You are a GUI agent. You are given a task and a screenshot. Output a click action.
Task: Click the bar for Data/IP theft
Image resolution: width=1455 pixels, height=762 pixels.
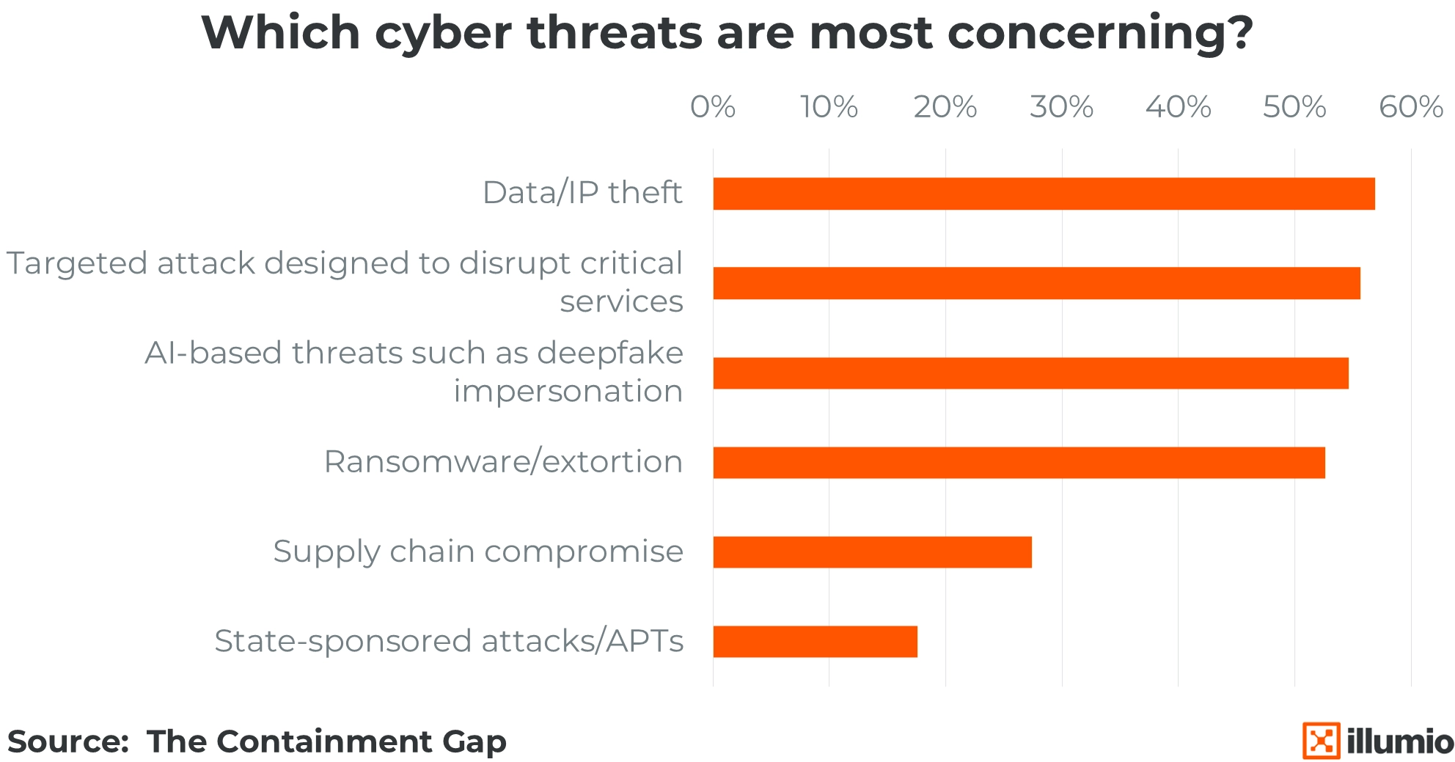pos(1044,194)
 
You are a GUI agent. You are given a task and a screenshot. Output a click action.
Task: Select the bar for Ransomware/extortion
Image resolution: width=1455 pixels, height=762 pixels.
pos(1019,463)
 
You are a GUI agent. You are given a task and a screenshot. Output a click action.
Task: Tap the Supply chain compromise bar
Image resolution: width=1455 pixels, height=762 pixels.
pos(872,552)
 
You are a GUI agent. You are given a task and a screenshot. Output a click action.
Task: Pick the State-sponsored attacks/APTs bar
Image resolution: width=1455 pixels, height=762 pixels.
pos(815,642)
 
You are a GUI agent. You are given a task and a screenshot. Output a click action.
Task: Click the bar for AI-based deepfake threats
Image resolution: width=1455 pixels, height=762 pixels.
pos(1030,373)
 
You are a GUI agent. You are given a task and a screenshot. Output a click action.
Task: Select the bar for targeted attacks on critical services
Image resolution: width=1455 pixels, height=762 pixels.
pos(1036,283)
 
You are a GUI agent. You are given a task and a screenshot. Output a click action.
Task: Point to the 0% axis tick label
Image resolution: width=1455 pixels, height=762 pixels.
pos(713,107)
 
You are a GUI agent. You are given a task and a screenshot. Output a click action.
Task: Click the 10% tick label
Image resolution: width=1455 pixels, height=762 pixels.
pos(829,107)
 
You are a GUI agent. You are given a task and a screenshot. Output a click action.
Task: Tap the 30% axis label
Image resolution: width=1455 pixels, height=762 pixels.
pos(1061,107)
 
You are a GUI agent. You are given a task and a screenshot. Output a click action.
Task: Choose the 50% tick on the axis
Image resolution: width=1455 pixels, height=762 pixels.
pos(1294,107)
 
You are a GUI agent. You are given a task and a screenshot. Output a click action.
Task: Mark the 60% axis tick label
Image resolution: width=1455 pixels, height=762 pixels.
pos(1411,107)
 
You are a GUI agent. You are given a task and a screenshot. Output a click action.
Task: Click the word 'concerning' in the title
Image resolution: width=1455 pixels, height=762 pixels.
pos(1099,34)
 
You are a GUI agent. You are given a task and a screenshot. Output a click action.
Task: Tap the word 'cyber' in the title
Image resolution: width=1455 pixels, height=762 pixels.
pos(443,34)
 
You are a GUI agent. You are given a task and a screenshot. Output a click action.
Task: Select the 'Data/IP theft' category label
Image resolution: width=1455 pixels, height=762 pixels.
pos(582,193)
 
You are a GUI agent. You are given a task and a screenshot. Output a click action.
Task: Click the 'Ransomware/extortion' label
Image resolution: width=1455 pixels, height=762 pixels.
pos(503,462)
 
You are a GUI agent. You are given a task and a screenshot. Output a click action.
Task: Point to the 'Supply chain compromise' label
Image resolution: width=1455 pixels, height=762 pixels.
pos(478,552)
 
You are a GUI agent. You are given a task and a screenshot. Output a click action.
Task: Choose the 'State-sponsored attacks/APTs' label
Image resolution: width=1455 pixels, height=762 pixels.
pos(449,641)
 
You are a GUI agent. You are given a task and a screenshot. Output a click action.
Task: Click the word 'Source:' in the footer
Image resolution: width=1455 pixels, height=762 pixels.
pos(68,741)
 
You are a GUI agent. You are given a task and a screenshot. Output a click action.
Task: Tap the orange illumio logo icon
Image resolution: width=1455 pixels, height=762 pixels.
pos(1321,741)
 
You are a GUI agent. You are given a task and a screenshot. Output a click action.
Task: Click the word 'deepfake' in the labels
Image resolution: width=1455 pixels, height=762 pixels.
pos(610,353)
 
